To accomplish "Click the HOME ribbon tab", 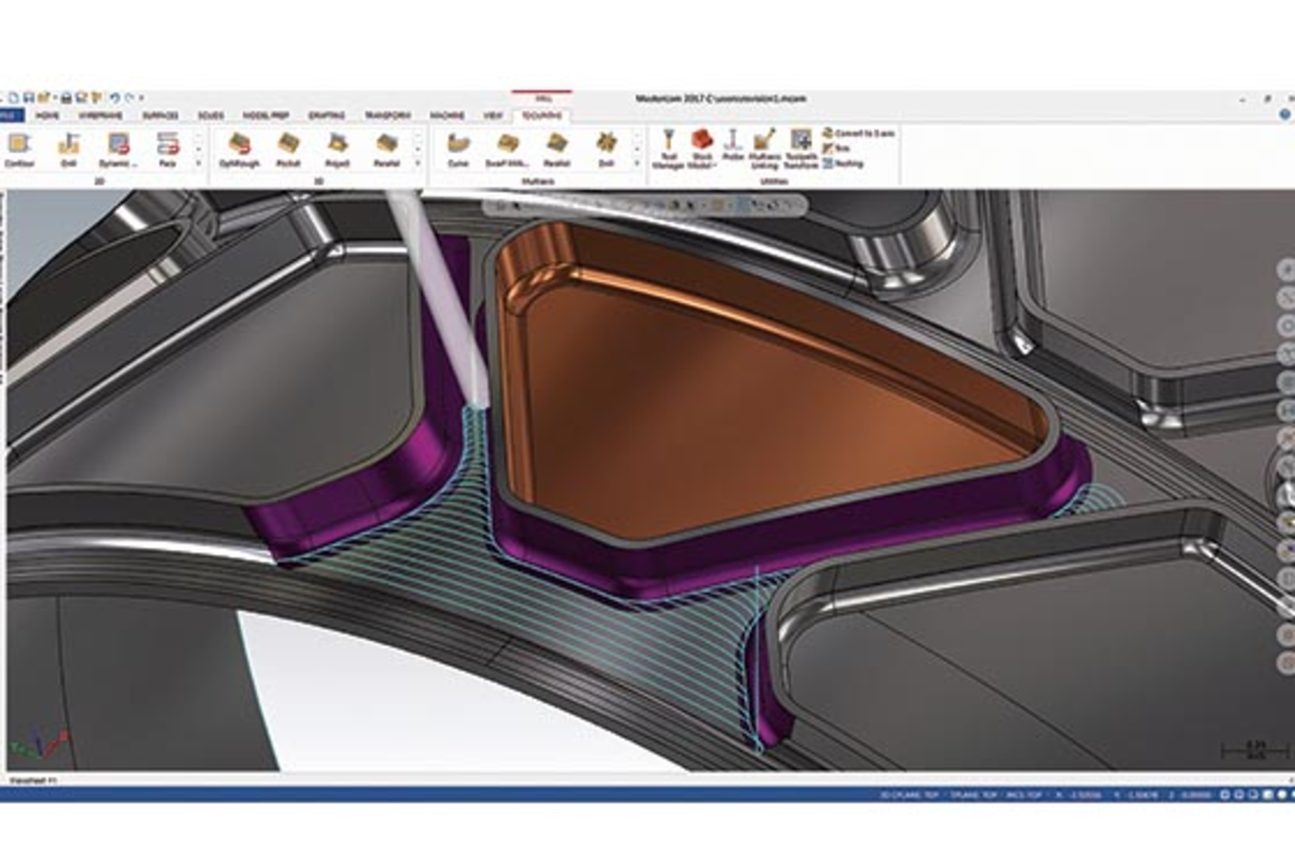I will (47, 115).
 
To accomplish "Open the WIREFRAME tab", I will (100, 115).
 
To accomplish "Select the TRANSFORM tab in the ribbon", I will (387, 115).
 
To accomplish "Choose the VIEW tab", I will (492, 115).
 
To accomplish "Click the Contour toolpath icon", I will (19, 149).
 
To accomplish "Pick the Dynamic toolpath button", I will (118, 149).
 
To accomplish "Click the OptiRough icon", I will (239, 149).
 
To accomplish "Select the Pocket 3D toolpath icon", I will (288, 149).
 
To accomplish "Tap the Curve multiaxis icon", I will (458, 149).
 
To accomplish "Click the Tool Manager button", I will (668, 148).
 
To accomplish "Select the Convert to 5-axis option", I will (858, 134).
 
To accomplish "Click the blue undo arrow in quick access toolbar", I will (115, 99).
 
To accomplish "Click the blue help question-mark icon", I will (1285, 115).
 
